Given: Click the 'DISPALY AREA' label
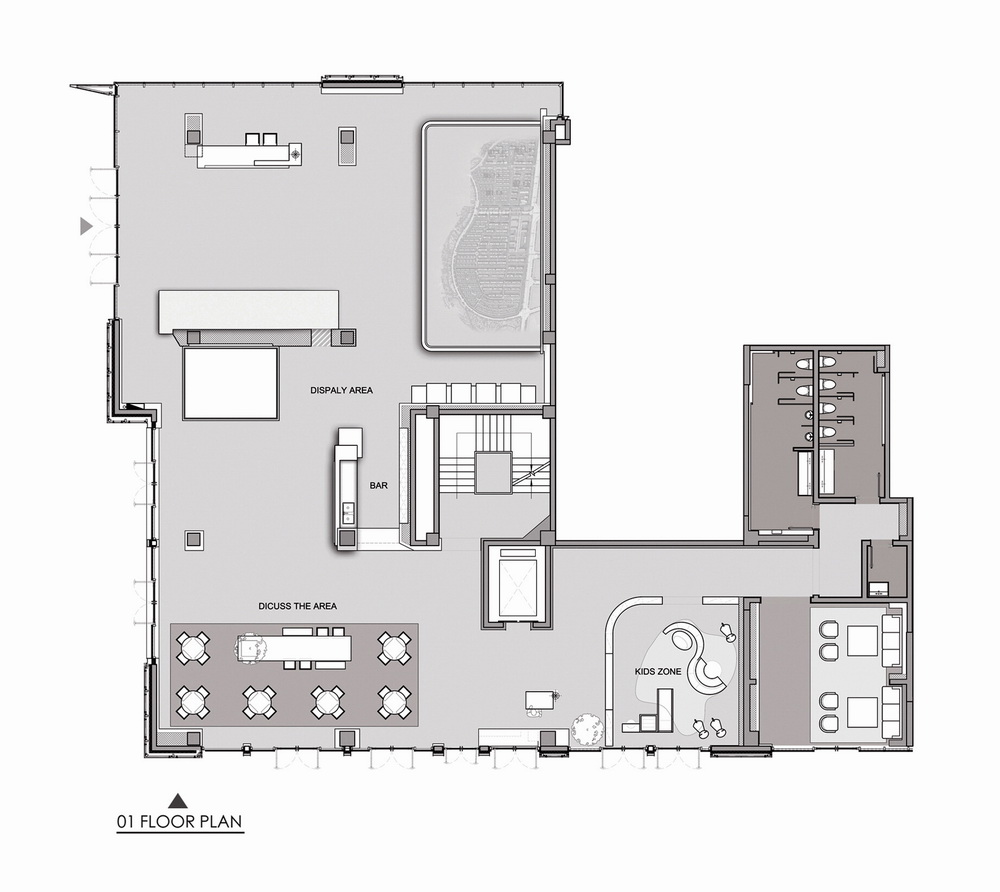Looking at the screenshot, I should pos(341,390).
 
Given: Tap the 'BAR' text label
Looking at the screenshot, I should pos(378,485).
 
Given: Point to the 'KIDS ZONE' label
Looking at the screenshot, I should pos(657,672).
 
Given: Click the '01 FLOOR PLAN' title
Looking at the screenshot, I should pos(178,823).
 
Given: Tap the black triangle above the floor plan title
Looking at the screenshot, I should pos(178,799).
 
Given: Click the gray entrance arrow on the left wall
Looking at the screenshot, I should pos(86,228).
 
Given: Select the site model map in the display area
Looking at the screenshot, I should pos(487,236).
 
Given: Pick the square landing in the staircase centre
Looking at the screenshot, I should pos(493,472).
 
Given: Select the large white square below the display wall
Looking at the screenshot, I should pos(230,384).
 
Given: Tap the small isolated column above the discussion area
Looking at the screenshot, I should pos(194,540).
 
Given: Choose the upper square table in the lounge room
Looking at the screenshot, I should pos(862,640).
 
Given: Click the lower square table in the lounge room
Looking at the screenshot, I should pos(862,712).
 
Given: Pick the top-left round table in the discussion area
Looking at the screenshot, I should pos(193,648).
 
